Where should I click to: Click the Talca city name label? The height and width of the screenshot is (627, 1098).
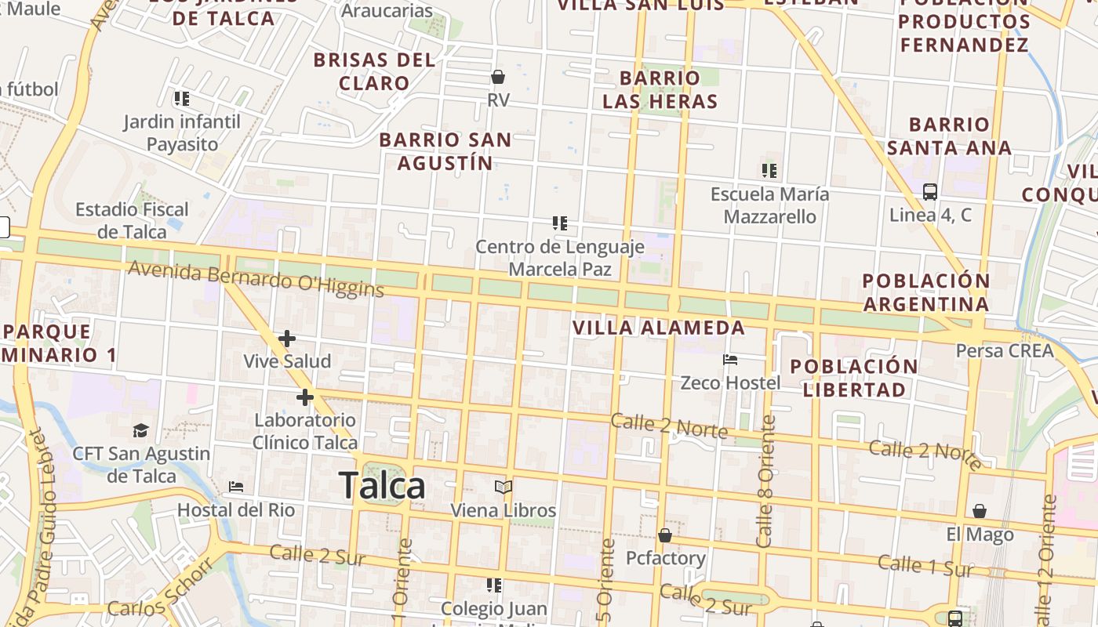click(x=382, y=486)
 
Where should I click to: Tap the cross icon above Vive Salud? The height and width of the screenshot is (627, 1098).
click(x=287, y=339)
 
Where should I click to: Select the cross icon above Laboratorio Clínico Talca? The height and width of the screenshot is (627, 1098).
click(x=305, y=397)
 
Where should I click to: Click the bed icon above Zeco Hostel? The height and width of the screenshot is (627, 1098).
click(x=730, y=360)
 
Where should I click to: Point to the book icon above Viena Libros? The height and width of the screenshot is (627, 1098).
click(x=504, y=487)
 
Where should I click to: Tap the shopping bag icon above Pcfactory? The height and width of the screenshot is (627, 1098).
click(x=665, y=535)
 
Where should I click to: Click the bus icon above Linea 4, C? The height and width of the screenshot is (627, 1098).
click(x=930, y=192)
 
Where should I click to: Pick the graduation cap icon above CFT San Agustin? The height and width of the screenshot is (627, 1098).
click(x=141, y=430)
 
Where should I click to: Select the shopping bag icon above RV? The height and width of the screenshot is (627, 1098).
click(x=498, y=77)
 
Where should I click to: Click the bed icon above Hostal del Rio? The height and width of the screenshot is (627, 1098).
click(x=236, y=487)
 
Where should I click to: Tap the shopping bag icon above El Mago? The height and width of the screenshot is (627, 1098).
click(x=980, y=512)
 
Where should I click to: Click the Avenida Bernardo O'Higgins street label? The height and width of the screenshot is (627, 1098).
click(x=256, y=280)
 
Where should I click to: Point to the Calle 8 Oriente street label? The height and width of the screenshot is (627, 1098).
click(x=765, y=481)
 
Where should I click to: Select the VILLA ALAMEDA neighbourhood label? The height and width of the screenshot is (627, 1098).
click(x=659, y=328)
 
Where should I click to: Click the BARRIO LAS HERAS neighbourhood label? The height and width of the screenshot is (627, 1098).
click(x=660, y=89)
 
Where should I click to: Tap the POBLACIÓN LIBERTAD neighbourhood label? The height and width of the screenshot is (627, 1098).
click(x=853, y=378)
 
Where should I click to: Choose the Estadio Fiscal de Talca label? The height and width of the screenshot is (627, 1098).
click(x=132, y=220)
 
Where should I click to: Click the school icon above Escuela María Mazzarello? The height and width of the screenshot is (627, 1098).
click(x=769, y=170)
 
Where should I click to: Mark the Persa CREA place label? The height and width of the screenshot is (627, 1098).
click(x=1004, y=350)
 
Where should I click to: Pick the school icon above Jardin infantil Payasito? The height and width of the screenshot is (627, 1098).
click(x=182, y=99)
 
